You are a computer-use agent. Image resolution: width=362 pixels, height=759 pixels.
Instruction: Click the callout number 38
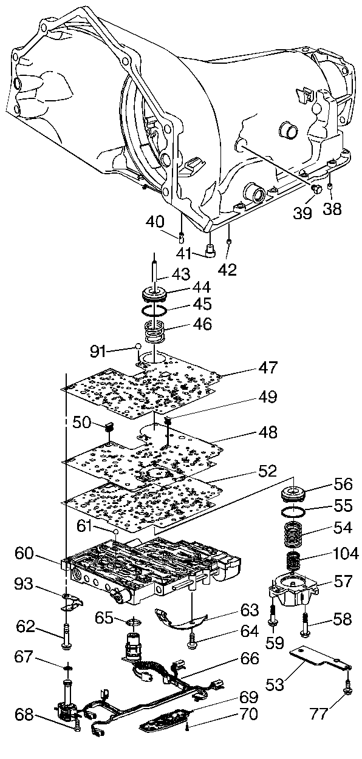click(x=332, y=209)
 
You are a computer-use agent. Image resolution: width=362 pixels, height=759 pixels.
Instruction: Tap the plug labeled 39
click(x=316, y=189)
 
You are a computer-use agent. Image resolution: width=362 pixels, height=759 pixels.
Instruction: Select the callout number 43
click(x=182, y=274)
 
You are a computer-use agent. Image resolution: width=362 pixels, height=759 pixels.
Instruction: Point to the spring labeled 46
click(x=154, y=332)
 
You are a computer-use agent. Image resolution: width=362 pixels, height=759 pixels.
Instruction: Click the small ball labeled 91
click(x=138, y=346)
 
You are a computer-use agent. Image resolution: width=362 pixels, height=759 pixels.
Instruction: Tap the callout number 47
click(x=268, y=367)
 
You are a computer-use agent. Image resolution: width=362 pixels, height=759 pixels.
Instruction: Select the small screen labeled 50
click(x=109, y=427)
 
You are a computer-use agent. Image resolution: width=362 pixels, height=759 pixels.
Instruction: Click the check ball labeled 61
click(x=115, y=532)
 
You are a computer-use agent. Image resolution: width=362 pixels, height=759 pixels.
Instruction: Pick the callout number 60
click(x=24, y=554)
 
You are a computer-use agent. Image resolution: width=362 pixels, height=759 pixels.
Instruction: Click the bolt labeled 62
click(x=66, y=636)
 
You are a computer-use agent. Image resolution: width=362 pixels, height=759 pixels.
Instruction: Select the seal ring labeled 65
click(x=134, y=622)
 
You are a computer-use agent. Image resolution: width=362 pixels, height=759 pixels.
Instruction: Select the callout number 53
click(x=275, y=684)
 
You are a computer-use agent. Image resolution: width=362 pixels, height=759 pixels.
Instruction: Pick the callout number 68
click(x=24, y=715)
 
